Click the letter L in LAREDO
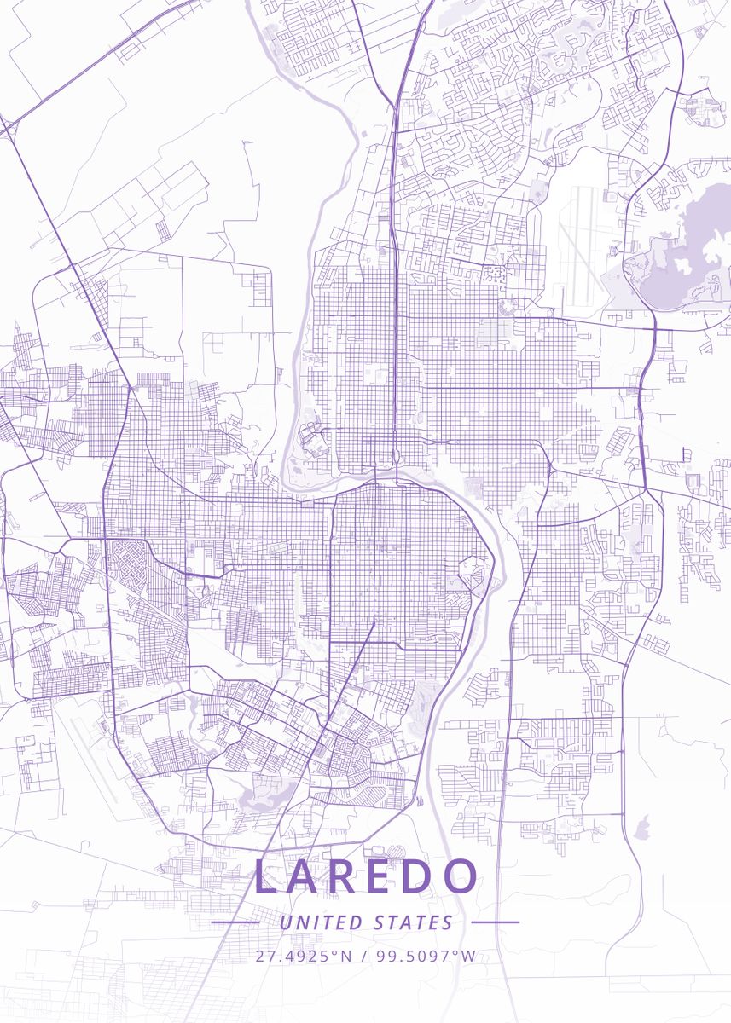(266, 877)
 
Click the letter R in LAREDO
(343, 877)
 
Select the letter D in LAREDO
(420, 877)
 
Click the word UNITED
(322, 922)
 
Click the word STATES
(413, 922)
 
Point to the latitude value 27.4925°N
(303, 956)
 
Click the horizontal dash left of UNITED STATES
(235, 922)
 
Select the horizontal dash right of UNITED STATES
(494, 922)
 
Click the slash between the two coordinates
(363, 956)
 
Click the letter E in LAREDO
(381, 877)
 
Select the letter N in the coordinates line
(345, 956)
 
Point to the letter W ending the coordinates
(468, 956)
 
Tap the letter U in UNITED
(286, 922)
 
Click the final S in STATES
(448, 922)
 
